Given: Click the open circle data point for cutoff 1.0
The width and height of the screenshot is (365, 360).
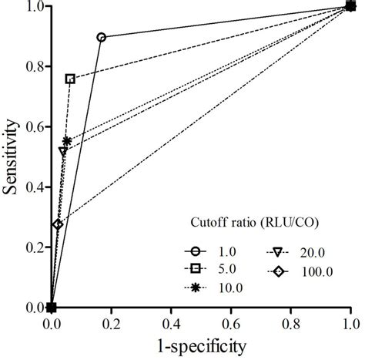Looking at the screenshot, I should point(102,37).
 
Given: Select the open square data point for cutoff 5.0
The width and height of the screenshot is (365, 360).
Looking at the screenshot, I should point(70,79).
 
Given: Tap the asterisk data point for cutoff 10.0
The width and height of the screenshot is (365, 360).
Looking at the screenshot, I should point(67,141).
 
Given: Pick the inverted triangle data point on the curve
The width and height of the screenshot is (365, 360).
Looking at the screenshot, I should point(62,151).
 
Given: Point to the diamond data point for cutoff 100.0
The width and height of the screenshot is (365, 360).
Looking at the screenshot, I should point(57,224).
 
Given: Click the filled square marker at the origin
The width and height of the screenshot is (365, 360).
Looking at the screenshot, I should point(52,308).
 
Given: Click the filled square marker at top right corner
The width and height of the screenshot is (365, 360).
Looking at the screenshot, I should point(351,7).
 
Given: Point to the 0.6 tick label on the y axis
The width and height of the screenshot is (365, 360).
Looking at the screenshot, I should point(35,127).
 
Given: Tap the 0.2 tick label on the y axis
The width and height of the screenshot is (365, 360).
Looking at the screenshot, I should point(35,247).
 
